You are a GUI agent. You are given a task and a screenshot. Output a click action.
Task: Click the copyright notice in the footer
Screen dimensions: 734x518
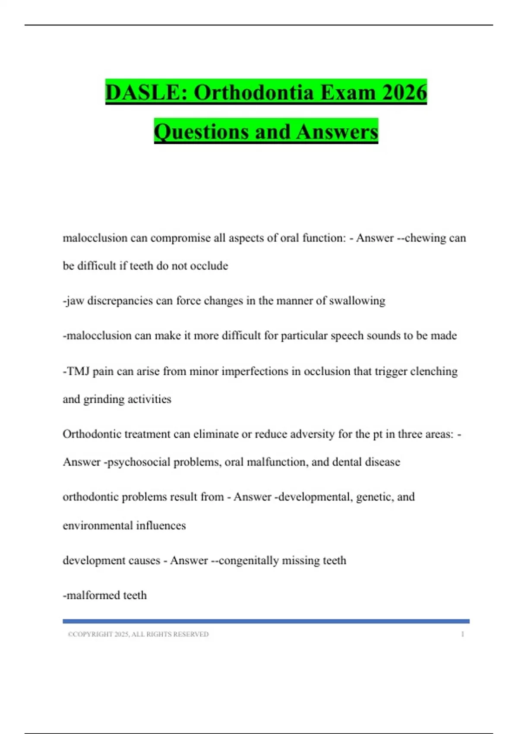(138, 634)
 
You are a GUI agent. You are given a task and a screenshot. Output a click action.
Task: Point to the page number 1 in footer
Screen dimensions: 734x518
(462, 634)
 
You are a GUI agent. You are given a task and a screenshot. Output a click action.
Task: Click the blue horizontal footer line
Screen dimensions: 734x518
(266, 621)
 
